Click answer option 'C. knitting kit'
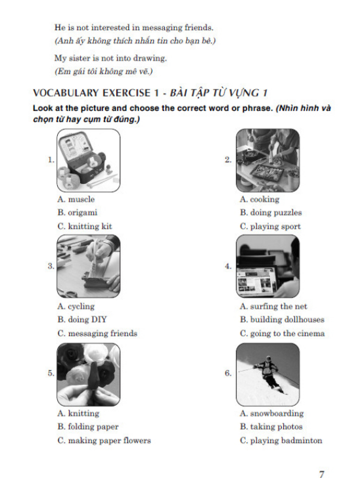85,227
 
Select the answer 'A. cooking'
259,200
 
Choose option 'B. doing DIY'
82,320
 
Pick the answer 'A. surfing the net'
273,307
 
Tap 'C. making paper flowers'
104,441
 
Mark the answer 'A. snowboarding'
271,414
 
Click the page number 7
321,475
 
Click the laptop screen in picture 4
256,282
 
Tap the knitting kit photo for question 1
89,160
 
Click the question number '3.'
51,266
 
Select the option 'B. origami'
78,213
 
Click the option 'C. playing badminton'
281,441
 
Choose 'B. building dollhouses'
282,320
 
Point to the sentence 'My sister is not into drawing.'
110,58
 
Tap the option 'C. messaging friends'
97,334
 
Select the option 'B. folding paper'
88,427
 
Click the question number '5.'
51,373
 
